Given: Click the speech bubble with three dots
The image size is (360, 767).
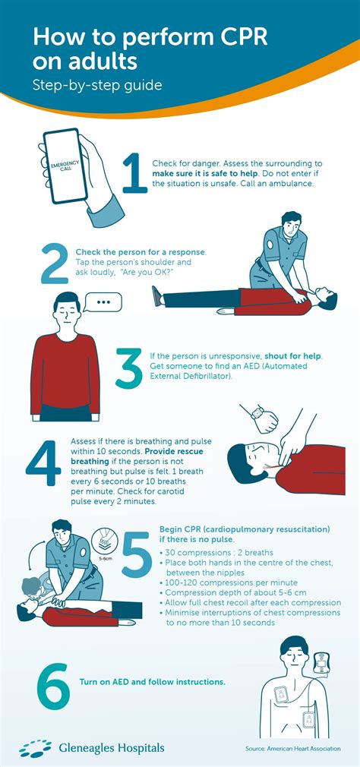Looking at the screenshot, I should pos(105,302).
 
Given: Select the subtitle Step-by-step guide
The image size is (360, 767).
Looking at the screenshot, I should pos(97,85).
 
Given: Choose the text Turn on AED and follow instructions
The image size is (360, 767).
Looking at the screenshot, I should pos(152,682).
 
